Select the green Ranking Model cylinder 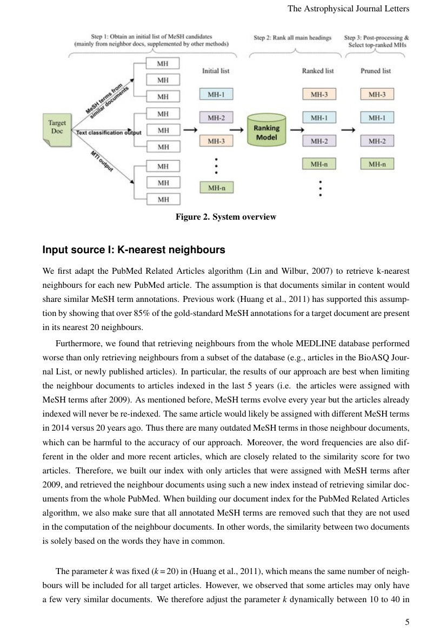click(266, 130)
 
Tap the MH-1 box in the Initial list click(216, 94)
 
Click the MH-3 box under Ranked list click(319, 94)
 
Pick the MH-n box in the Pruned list click(377, 164)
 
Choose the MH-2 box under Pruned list click(377, 141)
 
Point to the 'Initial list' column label click(216, 71)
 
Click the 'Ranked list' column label click(317, 71)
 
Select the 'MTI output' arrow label click(101, 161)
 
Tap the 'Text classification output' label click(108, 132)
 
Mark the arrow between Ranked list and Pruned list click(349, 130)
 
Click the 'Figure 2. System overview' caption click(225, 217)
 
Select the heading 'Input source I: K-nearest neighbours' click(134, 250)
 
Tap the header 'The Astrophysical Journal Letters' click(348, 9)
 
